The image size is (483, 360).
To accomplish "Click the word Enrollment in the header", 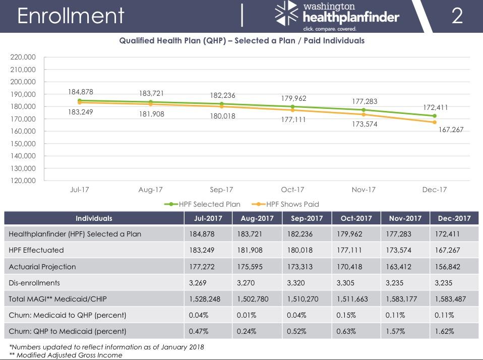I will pos(70,16).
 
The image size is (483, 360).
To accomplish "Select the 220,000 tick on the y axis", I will pos(23,57).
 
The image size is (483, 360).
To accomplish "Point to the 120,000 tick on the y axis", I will pos(23,181).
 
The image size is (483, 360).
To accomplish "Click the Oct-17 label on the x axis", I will pos(292,190).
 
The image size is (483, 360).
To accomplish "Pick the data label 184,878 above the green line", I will pos(81,92).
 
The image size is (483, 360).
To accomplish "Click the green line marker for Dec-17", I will pos(434,116).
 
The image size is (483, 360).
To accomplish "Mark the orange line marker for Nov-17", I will pos(364,114).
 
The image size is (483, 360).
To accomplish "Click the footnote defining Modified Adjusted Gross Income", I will pos(66,355).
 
